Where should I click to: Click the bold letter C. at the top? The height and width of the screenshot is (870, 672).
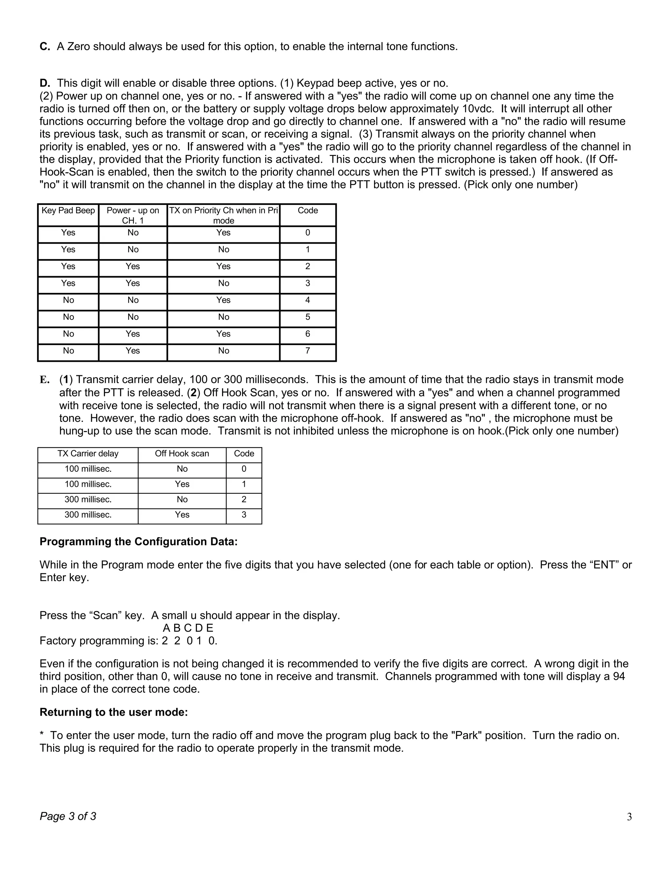tap(45, 47)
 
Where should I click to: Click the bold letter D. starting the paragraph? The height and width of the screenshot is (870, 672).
tap(45, 83)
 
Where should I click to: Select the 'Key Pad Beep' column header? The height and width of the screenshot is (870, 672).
tap(68, 211)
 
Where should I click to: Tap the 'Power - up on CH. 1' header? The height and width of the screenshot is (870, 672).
tap(133, 215)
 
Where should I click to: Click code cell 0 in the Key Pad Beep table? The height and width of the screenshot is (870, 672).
tap(307, 233)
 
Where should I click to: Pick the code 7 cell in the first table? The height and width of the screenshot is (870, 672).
tap(307, 351)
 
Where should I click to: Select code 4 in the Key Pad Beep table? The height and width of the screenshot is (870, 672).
tap(307, 300)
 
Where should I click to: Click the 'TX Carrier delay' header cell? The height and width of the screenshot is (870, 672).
tap(88, 454)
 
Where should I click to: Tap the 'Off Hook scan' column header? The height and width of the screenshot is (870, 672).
tap(182, 454)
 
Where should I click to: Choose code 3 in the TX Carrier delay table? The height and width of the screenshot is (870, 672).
tap(244, 515)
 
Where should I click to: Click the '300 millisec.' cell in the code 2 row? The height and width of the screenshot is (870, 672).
tap(88, 500)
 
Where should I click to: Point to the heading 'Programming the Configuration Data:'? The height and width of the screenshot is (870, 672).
tap(138, 542)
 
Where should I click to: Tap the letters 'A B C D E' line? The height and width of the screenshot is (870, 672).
tap(188, 628)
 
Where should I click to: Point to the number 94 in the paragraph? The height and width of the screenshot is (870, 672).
tap(619, 677)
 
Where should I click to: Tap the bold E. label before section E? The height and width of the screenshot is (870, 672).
tap(44, 380)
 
